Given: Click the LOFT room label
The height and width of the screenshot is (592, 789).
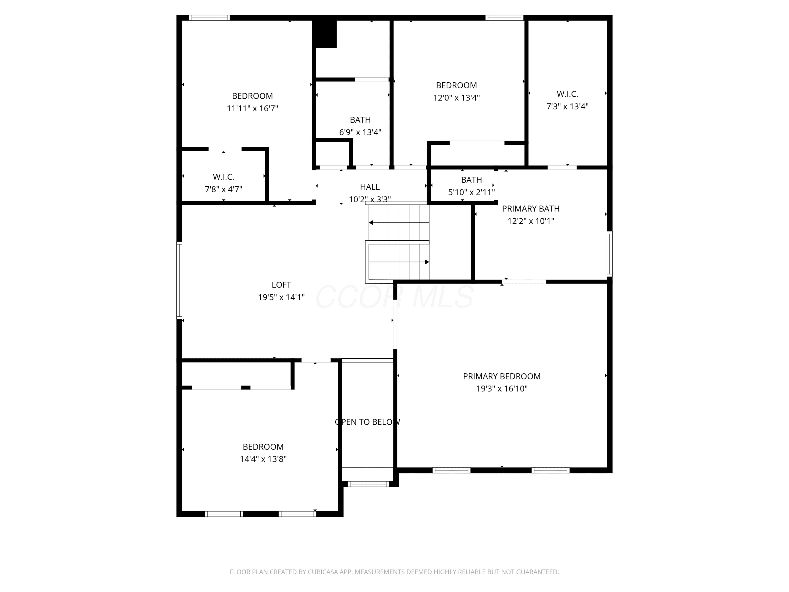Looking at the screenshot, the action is [281, 285].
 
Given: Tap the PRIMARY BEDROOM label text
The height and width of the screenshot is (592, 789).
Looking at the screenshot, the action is [502, 377].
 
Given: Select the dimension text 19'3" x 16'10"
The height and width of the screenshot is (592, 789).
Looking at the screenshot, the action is [502, 389].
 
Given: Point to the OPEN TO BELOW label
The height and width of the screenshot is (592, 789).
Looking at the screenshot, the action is [367, 422].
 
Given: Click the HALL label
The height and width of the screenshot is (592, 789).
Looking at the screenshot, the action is [370, 187].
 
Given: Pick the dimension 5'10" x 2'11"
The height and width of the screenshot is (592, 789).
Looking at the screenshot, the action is [471, 192].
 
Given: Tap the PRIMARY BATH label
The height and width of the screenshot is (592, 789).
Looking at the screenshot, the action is [531, 209].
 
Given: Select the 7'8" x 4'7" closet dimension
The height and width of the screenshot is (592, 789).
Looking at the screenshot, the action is [223, 189].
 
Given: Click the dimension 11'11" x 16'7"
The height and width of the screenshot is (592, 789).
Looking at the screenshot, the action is [252, 108].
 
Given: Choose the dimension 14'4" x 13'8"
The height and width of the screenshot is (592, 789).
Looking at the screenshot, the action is [263, 459].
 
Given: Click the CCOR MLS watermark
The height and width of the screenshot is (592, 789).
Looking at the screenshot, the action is [394, 297].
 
